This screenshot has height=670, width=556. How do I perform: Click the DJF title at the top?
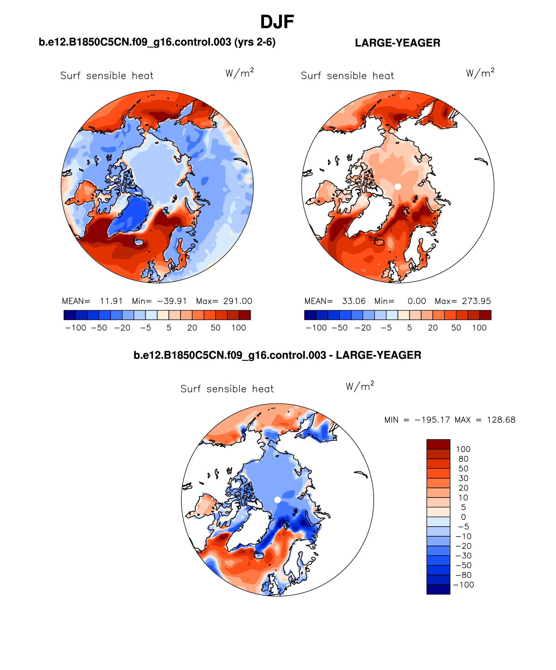(277, 22)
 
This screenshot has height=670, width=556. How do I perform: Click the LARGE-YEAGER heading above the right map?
(397, 43)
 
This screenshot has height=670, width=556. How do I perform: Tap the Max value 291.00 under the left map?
(238, 301)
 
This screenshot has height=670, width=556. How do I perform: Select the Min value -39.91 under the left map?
(172, 301)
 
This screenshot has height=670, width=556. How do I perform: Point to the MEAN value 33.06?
(353, 301)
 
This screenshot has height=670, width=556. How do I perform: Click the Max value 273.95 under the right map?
(476, 301)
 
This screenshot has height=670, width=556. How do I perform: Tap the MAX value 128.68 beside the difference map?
(501, 420)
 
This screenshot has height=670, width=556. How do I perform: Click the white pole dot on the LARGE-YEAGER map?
(398, 187)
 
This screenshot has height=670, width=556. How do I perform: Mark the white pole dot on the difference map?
(277, 500)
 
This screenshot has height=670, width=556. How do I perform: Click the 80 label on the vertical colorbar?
(463, 459)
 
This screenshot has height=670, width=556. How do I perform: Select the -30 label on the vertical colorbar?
(463, 556)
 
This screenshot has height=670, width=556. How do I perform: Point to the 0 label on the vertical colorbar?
(463, 517)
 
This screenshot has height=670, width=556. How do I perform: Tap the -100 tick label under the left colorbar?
(76, 328)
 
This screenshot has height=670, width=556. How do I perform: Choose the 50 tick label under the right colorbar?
(456, 328)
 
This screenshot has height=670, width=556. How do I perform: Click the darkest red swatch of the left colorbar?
(245, 315)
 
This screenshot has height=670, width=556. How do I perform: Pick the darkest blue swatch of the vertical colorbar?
(438, 589)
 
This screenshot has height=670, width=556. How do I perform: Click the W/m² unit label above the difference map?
(360, 387)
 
